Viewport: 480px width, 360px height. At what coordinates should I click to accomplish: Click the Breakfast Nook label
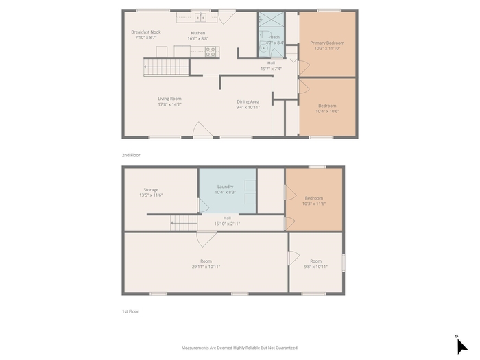(x=145, y=32)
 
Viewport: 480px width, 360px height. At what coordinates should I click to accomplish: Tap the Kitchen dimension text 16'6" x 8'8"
(x=197, y=38)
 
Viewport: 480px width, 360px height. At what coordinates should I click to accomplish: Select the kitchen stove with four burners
(x=211, y=51)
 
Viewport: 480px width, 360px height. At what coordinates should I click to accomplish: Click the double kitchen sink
(x=201, y=17)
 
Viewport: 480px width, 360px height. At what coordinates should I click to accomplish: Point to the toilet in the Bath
(x=265, y=34)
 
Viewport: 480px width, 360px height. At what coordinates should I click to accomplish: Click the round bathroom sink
(x=263, y=49)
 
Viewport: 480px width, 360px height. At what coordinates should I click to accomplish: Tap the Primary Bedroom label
(x=327, y=43)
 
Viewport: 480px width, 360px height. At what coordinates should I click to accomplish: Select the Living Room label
(x=169, y=99)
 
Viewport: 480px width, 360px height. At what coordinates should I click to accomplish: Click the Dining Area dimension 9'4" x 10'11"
(x=248, y=107)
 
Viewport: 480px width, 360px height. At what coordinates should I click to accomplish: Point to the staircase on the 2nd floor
(x=166, y=67)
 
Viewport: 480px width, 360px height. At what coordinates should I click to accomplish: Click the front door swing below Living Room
(x=202, y=130)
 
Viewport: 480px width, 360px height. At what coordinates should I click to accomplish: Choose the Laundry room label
(x=226, y=187)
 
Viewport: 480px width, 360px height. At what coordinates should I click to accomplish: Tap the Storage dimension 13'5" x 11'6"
(x=151, y=195)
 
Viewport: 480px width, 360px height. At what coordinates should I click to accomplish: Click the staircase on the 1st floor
(x=184, y=223)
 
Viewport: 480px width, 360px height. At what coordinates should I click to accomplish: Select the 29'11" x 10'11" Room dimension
(x=206, y=267)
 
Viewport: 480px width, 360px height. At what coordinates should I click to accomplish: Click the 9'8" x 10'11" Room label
(x=315, y=261)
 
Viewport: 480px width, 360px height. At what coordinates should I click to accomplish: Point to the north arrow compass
(x=461, y=346)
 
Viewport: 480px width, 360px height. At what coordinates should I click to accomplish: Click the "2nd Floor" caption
(x=131, y=155)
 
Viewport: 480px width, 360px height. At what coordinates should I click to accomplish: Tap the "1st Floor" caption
(x=130, y=311)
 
